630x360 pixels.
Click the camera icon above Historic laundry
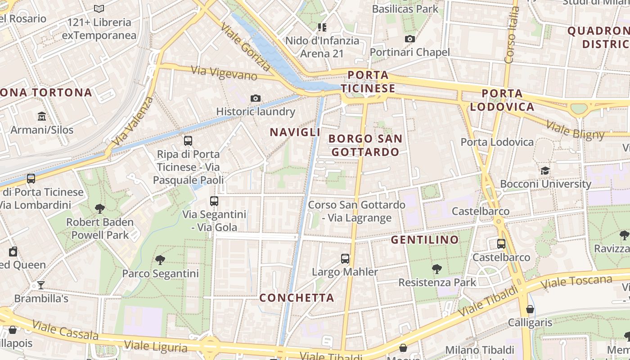click(256, 98)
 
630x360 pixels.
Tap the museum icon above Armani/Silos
click(42, 116)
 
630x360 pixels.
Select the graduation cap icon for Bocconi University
click(545, 171)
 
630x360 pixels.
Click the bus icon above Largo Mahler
click(345, 259)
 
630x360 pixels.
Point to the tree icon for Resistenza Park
click(436, 269)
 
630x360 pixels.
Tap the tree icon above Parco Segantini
click(160, 260)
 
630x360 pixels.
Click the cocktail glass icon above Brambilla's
click(41, 285)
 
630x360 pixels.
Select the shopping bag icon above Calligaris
click(530, 309)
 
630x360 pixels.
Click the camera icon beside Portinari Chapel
click(409, 39)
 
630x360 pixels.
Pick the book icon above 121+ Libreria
click(99, 9)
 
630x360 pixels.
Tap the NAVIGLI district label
click(295, 132)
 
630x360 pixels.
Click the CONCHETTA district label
click(297, 297)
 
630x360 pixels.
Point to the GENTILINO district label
click(424, 240)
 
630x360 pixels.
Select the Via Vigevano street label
click(224, 72)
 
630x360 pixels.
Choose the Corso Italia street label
click(512, 35)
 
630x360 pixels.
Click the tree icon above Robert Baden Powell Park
click(100, 208)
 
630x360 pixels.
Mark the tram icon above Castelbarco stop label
click(501, 244)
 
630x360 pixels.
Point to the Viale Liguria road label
click(156, 346)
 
